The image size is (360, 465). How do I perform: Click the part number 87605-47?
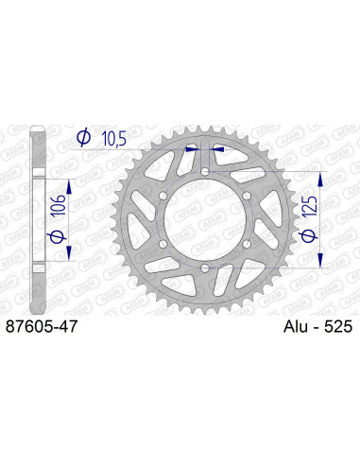click(42, 326)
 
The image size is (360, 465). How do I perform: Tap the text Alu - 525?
click(317, 326)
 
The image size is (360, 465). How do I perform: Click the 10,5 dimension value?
click(114, 139)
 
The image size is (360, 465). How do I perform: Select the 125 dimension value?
click(310, 206)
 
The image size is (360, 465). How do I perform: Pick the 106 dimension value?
click(59, 205)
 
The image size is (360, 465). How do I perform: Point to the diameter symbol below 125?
click(309, 235)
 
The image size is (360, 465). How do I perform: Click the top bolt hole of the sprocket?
click(205, 172)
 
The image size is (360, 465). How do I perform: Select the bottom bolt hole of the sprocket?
click(205, 268)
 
